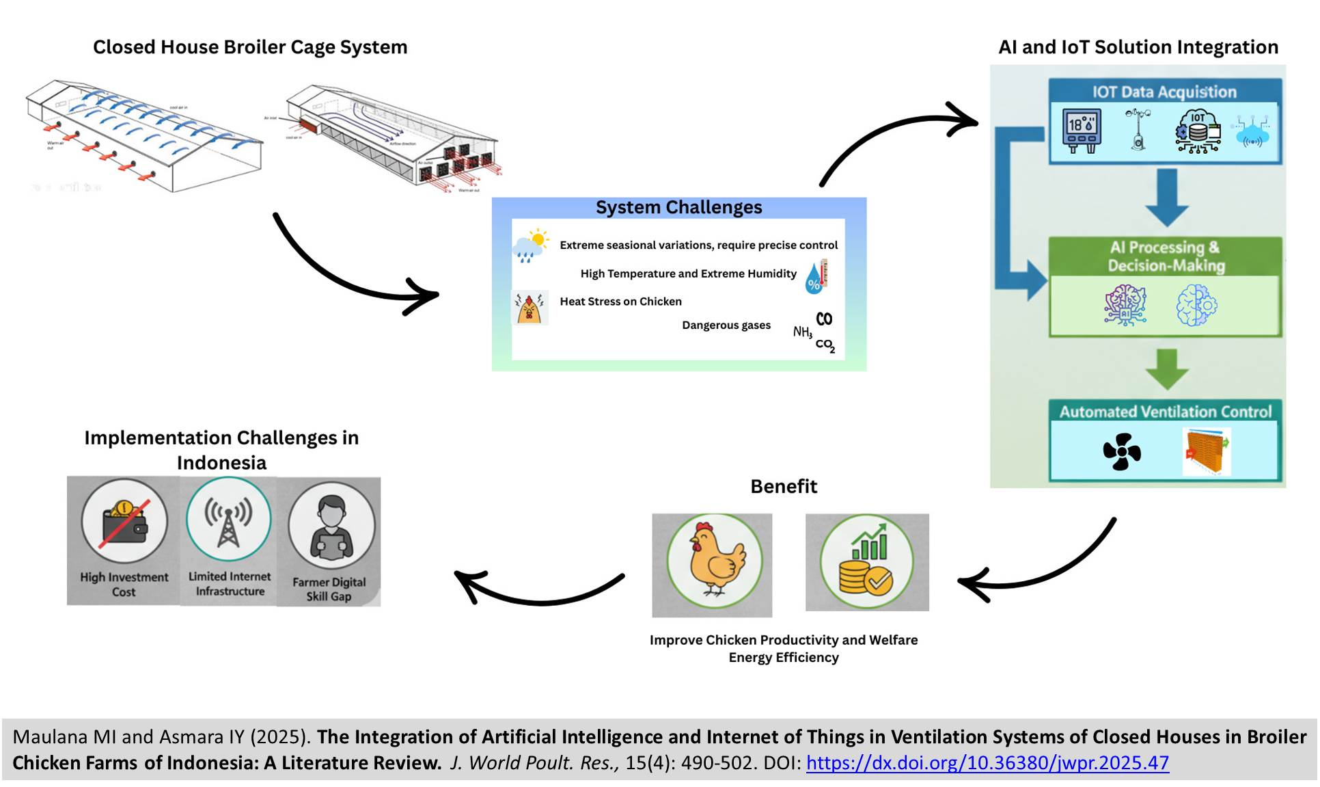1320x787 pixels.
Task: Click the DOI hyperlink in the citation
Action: click(987, 762)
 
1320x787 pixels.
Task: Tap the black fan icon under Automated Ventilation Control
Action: click(1121, 452)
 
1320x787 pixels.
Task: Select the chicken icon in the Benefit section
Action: click(714, 560)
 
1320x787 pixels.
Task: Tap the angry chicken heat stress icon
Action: click(530, 308)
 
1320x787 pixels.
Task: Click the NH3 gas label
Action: click(802, 332)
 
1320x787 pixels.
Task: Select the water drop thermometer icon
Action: click(816, 276)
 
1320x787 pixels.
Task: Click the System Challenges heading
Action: click(678, 207)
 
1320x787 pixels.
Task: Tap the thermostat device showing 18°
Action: click(1082, 130)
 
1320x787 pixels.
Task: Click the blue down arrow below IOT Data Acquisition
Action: click(1166, 198)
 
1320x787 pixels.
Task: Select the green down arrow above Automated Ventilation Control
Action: click(1166, 369)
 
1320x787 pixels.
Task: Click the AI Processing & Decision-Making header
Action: click(1166, 256)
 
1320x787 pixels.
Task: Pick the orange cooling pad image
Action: click(1206, 451)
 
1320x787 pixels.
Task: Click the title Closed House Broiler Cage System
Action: click(250, 47)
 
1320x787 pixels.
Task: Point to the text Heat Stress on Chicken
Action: click(620, 302)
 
